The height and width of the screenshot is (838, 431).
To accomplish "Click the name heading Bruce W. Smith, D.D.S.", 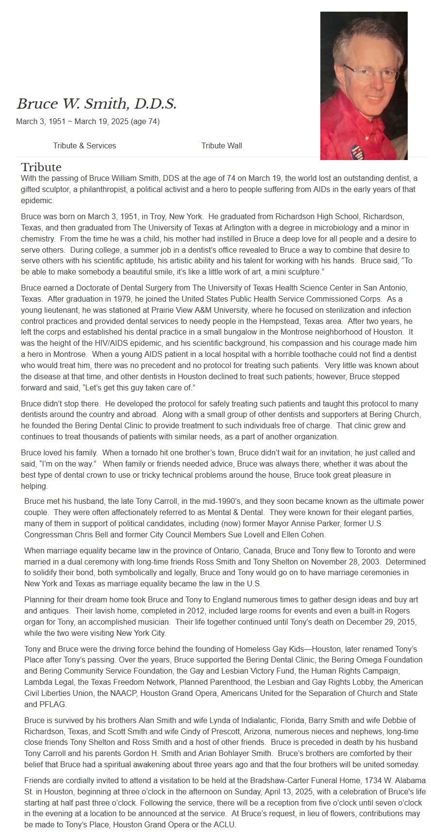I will [x=97, y=103].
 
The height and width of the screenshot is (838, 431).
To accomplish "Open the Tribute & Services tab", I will [x=84, y=145].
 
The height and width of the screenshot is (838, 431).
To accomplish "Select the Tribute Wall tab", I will [x=221, y=145].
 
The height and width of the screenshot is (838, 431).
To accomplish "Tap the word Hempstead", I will [x=289, y=321].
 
